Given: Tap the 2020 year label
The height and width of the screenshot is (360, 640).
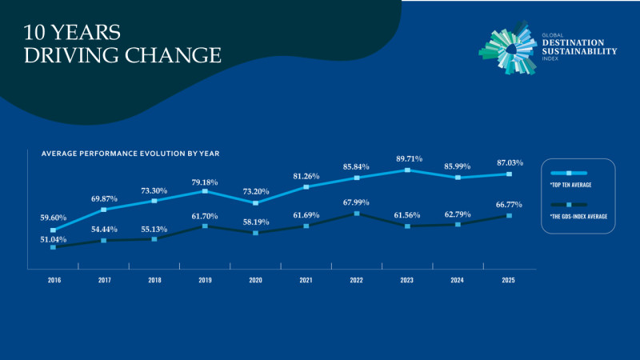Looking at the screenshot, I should coord(255,281).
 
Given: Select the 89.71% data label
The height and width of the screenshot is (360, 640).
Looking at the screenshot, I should coord(407,158).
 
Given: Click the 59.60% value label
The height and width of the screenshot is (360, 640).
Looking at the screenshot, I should coord(54,218).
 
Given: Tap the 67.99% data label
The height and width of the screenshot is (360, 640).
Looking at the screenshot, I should coord(357,202).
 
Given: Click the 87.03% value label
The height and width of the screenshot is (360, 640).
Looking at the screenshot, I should coord(509,163).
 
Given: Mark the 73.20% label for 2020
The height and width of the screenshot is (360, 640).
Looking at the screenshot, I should coord(256,192).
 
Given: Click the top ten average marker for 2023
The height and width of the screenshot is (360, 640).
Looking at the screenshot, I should coord(407,170).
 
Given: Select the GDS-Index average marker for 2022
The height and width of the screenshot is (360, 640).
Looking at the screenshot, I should coord(357,214).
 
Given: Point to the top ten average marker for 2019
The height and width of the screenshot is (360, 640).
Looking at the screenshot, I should coord(205,191).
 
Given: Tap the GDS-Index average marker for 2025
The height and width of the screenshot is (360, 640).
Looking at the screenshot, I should coord(509,216).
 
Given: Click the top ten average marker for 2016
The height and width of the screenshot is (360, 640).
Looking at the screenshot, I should coord(53,230).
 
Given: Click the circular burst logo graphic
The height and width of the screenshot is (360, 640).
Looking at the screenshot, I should coord(510,49).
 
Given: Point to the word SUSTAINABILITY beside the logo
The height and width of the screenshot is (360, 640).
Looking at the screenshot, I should coord(580,50).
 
